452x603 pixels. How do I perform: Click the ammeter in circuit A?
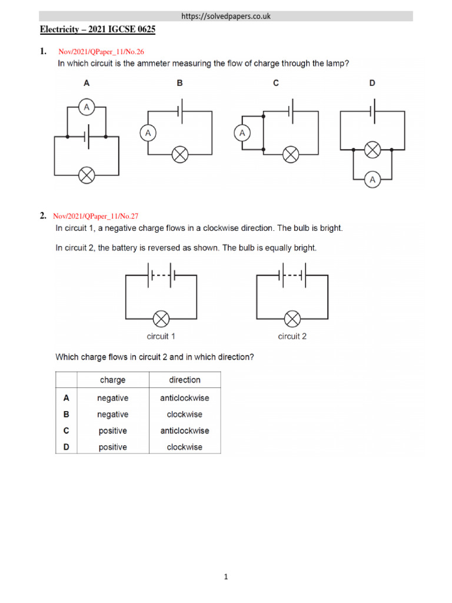pyautogui.click(x=87, y=107)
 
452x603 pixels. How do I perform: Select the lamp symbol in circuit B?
pyautogui.click(x=180, y=155)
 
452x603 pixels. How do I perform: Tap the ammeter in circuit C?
pyautogui.click(x=242, y=134)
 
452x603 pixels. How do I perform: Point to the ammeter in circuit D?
pyautogui.click(x=371, y=180)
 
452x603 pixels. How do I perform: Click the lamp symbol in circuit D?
pyautogui.click(x=371, y=150)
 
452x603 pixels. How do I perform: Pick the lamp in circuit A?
pyautogui.click(x=87, y=175)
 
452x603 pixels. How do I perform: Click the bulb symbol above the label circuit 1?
pyautogui.click(x=161, y=319)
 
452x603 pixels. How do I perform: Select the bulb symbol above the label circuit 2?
pyautogui.click(x=292, y=319)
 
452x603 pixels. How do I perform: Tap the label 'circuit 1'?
pyautogui.click(x=161, y=337)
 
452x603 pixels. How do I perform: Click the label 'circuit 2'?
pyautogui.click(x=292, y=337)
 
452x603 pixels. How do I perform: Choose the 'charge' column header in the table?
pyautogui.click(x=112, y=380)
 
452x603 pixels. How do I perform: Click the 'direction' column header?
pyautogui.click(x=185, y=380)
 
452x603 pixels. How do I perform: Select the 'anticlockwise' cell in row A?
pyautogui.click(x=185, y=398)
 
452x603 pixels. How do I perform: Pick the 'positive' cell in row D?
pyautogui.click(x=112, y=447)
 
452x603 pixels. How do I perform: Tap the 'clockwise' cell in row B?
pyautogui.click(x=185, y=415)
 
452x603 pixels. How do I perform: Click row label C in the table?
pyautogui.click(x=67, y=430)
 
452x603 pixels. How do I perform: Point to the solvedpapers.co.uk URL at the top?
pyautogui.click(x=227, y=16)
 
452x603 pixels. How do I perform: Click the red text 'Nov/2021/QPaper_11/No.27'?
pyautogui.click(x=96, y=217)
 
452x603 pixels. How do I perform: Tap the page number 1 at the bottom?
pyautogui.click(x=226, y=578)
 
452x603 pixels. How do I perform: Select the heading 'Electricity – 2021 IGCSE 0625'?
pyautogui.click(x=98, y=29)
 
